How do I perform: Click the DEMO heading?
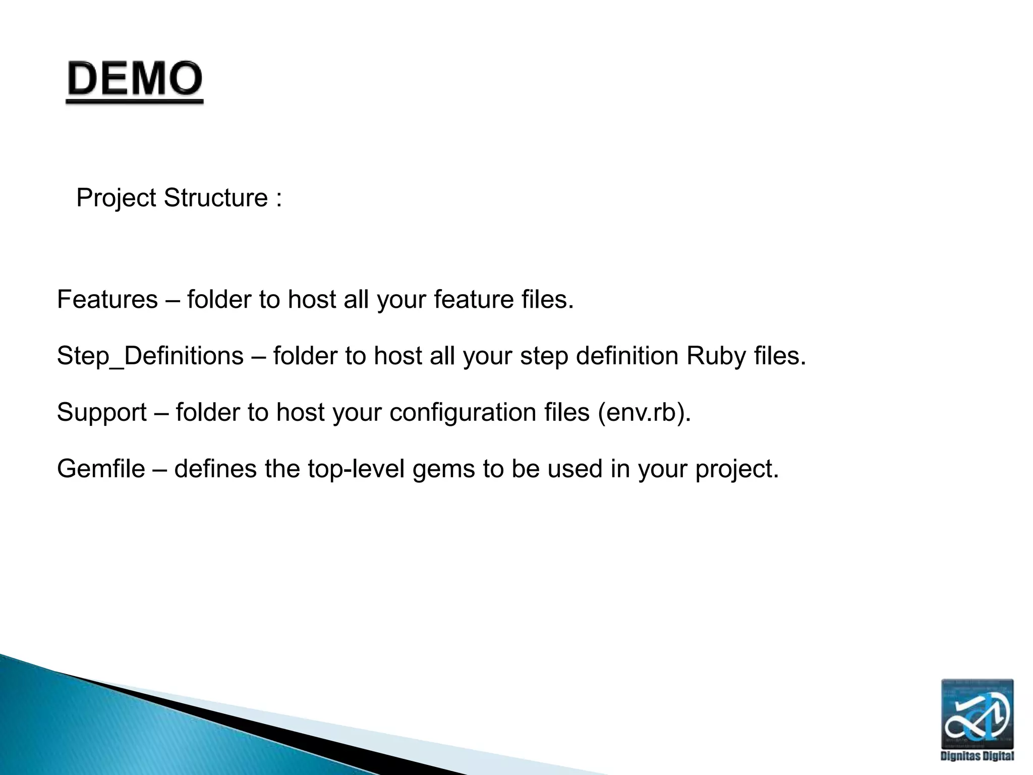[135, 79]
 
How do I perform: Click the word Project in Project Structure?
[116, 198]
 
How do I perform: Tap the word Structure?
[216, 198]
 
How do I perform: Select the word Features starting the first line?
[107, 300]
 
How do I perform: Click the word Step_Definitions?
[150, 356]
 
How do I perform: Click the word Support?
[101, 412]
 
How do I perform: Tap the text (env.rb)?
[644, 412]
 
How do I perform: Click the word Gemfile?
[101, 469]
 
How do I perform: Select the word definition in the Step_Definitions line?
[627, 356]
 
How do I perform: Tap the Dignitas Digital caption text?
[977, 756]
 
